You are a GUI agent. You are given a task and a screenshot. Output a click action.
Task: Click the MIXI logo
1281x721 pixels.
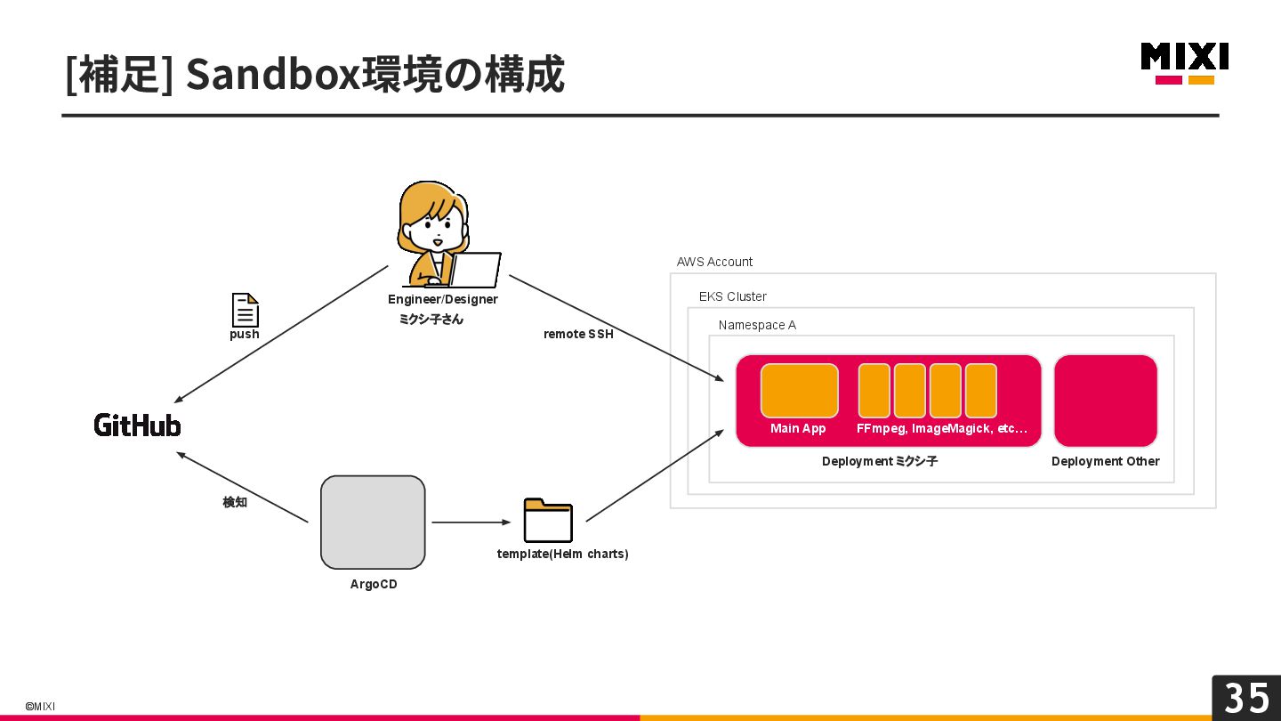[x=1184, y=63]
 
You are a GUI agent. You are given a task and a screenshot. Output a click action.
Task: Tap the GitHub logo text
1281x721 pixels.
[x=137, y=425]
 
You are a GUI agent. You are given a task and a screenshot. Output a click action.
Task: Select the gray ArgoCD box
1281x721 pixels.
[x=373, y=522]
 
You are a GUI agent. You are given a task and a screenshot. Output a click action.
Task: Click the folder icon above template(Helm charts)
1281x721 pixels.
[x=548, y=520]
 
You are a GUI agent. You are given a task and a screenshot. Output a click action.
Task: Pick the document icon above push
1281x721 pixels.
[x=246, y=310]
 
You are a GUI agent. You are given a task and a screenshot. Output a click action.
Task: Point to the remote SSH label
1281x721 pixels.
[x=578, y=334]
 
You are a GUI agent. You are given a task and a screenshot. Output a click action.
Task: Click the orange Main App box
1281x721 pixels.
[x=800, y=391]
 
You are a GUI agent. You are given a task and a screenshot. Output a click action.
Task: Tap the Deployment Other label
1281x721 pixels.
[x=1105, y=461]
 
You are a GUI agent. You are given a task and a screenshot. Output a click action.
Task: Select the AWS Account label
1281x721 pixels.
[x=714, y=262]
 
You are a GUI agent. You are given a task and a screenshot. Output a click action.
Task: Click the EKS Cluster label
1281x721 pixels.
[x=733, y=296]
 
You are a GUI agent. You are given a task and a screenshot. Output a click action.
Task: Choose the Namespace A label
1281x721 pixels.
[x=757, y=325]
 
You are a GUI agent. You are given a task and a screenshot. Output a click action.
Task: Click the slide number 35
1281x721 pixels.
[x=1246, y=698]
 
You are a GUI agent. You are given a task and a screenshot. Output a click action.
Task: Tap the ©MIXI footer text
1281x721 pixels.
[x=40, y=706]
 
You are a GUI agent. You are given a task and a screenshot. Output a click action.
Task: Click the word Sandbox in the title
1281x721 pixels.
[x=273, y=75]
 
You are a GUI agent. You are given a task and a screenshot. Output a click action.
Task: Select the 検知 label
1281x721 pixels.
[x=235, y=502]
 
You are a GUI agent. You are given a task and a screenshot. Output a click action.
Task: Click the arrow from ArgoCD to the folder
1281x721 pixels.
[x=471, y=522]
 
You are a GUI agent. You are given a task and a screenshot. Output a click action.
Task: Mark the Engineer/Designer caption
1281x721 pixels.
[x=443, y=299]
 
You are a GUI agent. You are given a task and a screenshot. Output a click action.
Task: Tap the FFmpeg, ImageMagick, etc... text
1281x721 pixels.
[x=942, y=428]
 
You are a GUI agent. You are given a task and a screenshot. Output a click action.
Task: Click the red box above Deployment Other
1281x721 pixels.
[x=1106, y=401]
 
